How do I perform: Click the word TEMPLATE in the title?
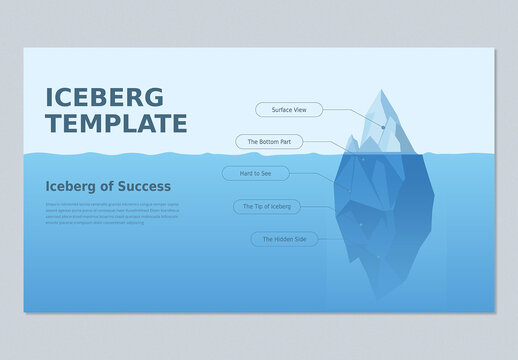pos(116,124)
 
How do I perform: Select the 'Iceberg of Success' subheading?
pos(108,186)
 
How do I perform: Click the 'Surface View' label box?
pos(289,109)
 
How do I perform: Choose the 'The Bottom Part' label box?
pos(268,142)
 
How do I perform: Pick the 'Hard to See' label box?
pos(255,173)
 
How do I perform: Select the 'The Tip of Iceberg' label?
pos(267,206)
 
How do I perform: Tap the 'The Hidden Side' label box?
pos(284,239)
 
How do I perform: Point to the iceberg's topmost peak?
pos(380,91)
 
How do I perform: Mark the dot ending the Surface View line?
pos(383,127)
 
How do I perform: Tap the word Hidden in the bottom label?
pos(285,239)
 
